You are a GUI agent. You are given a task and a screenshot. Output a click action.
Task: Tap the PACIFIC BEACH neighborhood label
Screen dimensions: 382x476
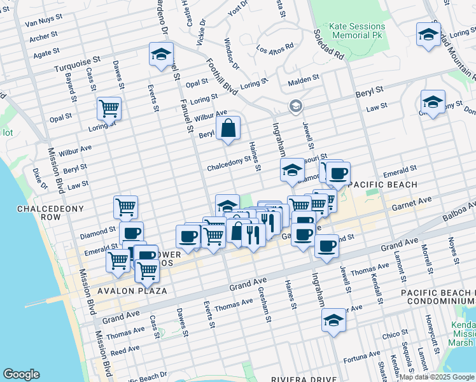[382, 185]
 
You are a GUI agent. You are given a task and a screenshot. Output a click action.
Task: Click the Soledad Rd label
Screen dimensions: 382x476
[329, 45]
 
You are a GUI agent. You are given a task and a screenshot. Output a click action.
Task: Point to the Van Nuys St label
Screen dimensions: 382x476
[43, 24]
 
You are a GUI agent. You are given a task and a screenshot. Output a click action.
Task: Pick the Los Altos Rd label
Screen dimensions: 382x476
[275, 48]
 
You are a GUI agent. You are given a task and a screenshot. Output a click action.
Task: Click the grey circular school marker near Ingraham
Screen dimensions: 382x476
[295, 106]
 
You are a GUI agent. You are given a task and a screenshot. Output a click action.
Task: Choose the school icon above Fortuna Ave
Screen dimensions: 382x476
[333, 321]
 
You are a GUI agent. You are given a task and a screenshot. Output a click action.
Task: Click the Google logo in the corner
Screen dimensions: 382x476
[21, 374]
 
